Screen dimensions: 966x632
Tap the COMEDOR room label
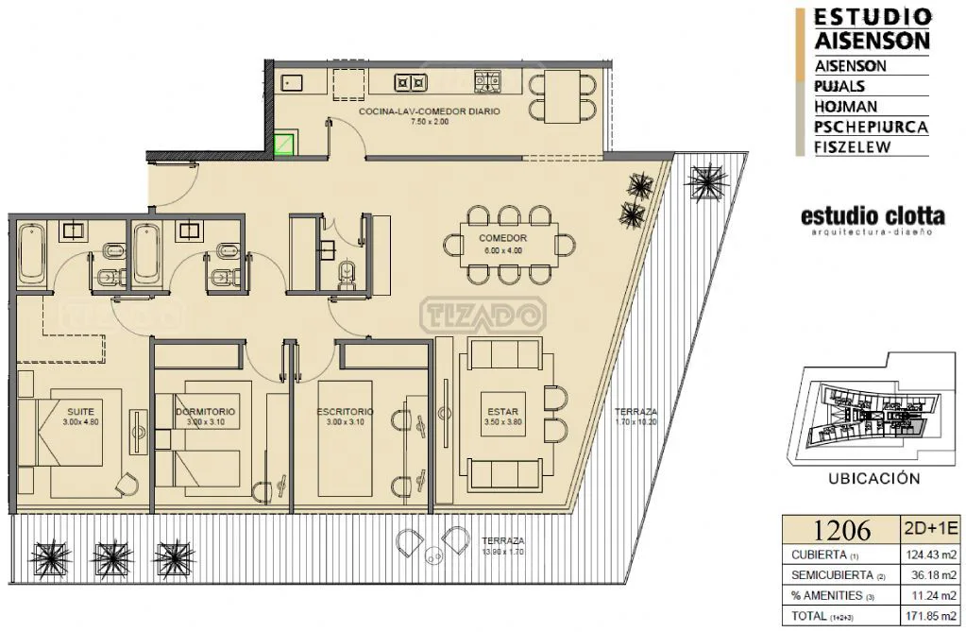(502, 238)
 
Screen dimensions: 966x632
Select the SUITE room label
(80, 411)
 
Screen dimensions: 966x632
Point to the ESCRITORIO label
(345, 411)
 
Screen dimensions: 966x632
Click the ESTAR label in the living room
(502, 411)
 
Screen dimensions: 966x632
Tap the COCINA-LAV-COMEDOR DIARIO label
(430, 111)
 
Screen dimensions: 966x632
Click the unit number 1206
(841, 530)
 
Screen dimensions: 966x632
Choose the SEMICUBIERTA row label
(832, 575)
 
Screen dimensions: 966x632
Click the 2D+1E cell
(930, 528)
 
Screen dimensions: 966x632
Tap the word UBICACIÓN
(874, 478)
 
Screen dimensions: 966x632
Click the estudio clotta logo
(873, 220)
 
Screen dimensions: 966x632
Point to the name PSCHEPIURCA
(871, 127)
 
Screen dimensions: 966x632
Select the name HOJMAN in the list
(845, 107)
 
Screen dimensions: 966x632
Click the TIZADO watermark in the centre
(483, 316)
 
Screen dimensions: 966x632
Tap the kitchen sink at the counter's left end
(289, 81)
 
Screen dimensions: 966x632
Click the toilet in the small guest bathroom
(347, 274)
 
